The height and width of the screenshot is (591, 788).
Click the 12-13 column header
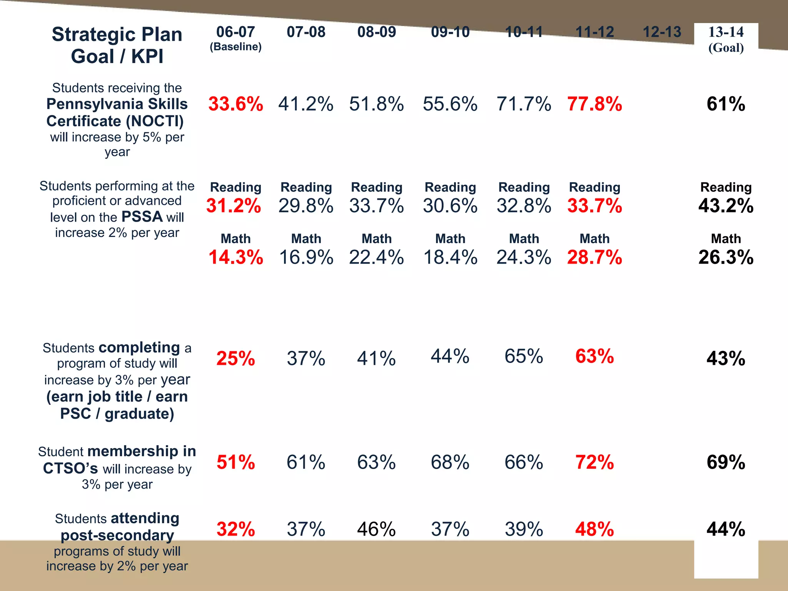click(662, 32)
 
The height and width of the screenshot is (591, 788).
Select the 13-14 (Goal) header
click(726, 39)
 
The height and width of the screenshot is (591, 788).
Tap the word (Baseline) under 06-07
click(235, 47)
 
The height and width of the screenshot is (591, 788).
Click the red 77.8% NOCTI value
click(594, 104)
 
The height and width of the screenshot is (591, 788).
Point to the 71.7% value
click(524, 104)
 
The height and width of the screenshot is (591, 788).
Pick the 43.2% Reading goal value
click(726, 205)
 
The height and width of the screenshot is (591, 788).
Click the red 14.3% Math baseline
click(235, 257)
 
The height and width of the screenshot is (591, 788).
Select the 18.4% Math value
click(450, 257)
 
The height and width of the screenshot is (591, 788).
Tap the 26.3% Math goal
click(726, 257)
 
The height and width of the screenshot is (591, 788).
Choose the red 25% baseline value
click(235, 358)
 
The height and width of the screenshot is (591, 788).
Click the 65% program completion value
click(524, 356)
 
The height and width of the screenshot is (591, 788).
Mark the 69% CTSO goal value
click(726, 462)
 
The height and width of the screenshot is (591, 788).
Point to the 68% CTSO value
click(450, 462)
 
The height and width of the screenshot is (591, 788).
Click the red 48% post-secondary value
click(594, 529)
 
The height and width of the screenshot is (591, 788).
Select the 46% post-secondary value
click(376, 529)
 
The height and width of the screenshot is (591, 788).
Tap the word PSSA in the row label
click(142, 217)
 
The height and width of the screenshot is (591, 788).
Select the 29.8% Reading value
click(306, 205)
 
